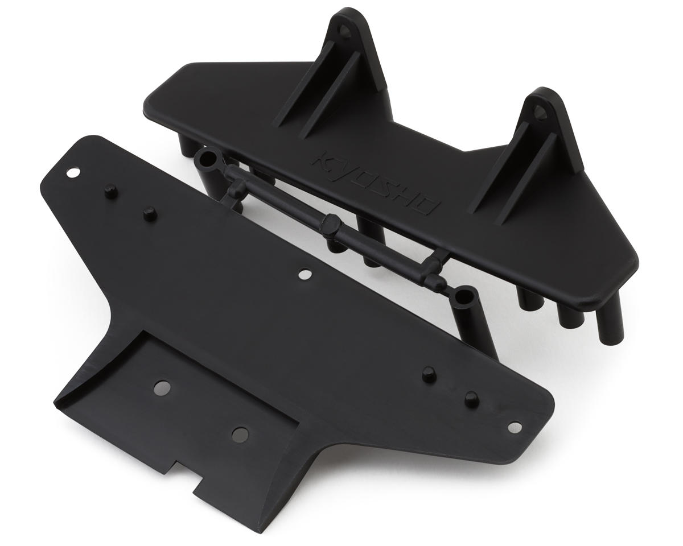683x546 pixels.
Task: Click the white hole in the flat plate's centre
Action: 305,274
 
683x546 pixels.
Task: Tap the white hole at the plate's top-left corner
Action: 73,173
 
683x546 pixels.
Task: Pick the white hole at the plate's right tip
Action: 515,427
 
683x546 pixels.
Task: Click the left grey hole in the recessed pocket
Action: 162,388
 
